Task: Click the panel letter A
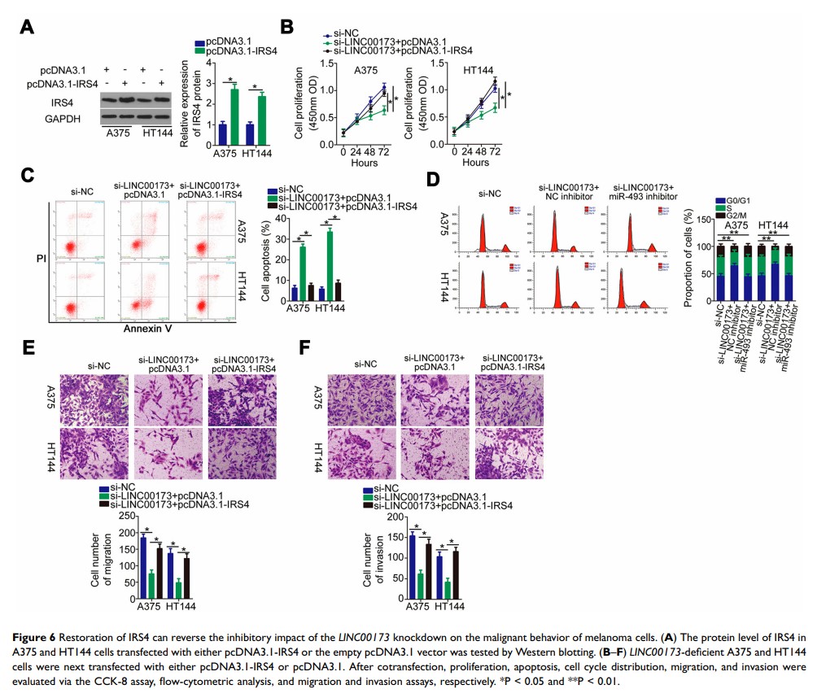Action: [x=27, y=26]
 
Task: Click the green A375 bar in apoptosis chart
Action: [x=303, y=274]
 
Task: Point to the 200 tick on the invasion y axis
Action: [x=396, y=518]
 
